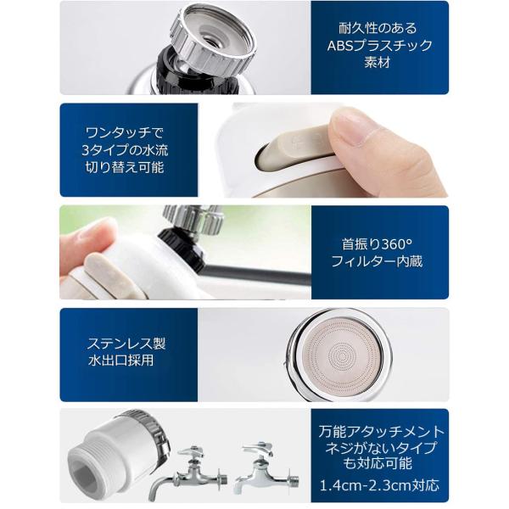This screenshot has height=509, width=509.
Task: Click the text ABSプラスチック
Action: click(379, 46)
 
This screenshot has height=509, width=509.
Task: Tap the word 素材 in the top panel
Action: click(377, 62)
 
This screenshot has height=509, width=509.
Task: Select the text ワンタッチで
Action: click(125, 133)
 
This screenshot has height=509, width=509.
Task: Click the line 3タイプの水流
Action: click(125, 150)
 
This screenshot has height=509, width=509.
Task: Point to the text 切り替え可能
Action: click(125, 167)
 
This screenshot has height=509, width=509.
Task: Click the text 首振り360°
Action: click(377, 243)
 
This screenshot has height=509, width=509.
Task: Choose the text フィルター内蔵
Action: click(377, 261)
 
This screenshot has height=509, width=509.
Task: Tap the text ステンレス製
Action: click(126, 344)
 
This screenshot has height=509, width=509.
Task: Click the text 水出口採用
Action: click(120, 361)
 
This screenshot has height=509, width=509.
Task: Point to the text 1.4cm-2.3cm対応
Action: click(379, 485)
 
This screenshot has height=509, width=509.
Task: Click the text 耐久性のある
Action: click(378, 28)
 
